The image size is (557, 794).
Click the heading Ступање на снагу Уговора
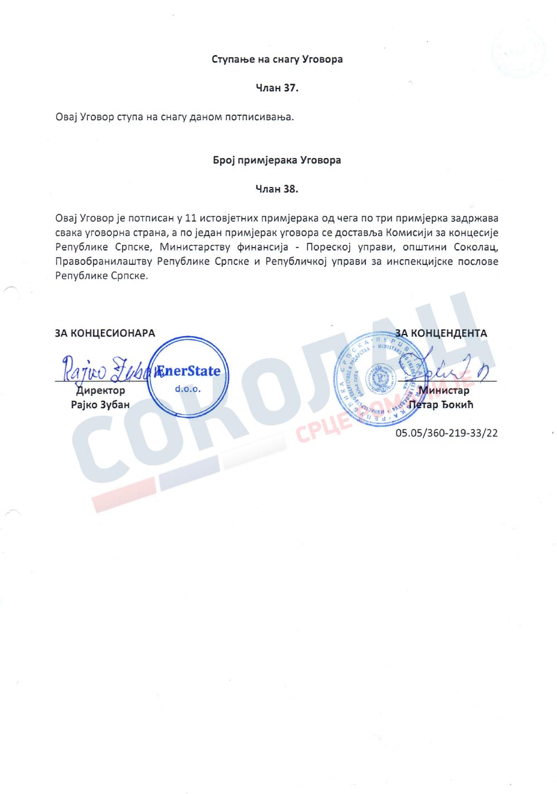pos(277,59)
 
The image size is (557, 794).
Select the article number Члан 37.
pos(277,88)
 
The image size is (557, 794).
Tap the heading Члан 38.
pos(277,189)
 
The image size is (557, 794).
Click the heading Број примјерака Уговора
pos(277,160)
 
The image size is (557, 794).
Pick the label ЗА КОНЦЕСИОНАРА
pos(105,333)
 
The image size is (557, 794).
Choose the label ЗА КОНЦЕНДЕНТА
pos(441,333)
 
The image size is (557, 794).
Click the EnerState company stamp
pos(188,377)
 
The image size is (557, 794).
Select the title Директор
pos(101,391)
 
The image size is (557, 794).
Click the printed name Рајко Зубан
pos(100,405)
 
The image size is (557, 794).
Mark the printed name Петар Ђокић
pos(441,405)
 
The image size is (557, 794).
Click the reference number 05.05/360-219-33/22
pos(447,433)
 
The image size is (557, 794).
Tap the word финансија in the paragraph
pos(262,247)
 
